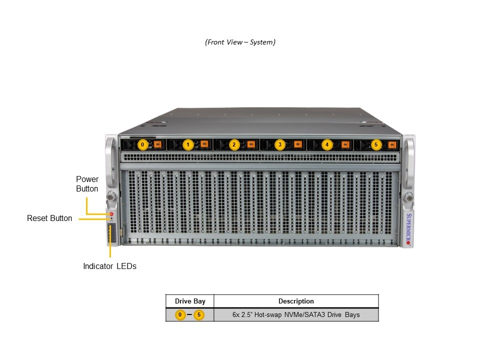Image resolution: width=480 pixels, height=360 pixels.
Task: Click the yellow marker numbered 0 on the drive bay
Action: pos(142,145)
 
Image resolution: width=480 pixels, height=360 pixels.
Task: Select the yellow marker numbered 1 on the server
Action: pos(188,145)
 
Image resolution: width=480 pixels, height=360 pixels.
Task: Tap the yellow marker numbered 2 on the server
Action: pos(234,145)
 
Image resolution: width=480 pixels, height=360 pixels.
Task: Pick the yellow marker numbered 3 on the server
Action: pos(279,145)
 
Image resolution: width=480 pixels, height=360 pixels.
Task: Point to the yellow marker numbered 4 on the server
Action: pos(327,145)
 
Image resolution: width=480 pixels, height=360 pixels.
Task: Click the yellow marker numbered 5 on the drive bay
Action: pos(376,145)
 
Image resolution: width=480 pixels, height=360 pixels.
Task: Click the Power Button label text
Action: pos(87,184)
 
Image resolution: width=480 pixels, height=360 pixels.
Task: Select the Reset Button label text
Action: pos(49,218)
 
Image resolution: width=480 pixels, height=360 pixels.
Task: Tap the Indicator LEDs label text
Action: pos(109,266)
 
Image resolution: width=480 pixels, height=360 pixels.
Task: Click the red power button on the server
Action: pos(111,214)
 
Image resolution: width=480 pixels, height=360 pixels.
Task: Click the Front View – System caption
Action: pos(240,42)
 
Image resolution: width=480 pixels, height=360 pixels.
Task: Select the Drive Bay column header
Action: pos(190,301)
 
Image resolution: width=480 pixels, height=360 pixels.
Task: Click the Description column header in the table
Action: pos(296,301)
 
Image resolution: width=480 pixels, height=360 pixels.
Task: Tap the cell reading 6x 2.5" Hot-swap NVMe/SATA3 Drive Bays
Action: pos(296,315)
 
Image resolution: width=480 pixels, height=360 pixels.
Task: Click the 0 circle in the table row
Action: pos(180,315)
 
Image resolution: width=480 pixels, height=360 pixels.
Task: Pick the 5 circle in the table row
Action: pos(199,315)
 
